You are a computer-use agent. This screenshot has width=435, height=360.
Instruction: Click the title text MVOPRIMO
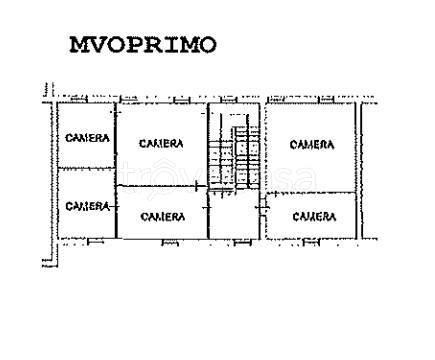pos(143,45)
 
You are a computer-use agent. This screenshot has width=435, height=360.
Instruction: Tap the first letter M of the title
pos(78,45)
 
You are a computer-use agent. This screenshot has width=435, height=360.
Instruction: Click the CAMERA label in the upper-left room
pos(87,138)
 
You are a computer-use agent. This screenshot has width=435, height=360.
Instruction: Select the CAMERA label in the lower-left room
pos(87,206)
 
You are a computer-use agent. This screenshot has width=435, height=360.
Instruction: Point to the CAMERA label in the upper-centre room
pos(161,144)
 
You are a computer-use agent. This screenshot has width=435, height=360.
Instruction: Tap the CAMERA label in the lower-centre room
pos(161,216)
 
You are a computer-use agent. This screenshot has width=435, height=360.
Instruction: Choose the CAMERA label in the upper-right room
pos(312,145)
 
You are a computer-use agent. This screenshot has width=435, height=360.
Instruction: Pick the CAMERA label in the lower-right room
pos(314,215)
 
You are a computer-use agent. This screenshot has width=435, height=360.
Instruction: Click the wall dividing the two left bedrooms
pos(86,168)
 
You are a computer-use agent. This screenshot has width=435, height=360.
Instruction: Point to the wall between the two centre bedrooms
pos(163,187)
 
